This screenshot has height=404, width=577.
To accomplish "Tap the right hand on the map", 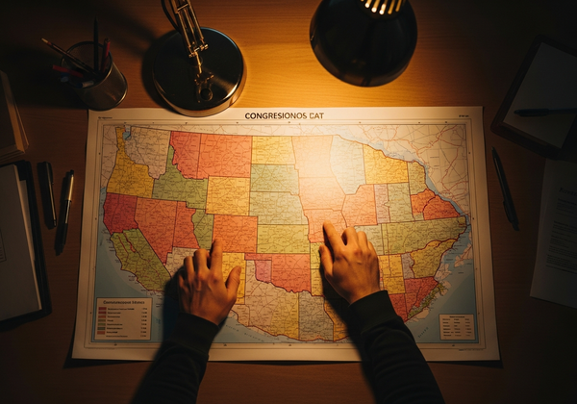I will click(348, 262).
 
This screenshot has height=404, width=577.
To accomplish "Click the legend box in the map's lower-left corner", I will click(123, 318).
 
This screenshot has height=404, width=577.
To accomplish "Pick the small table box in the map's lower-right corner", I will click(457, 326).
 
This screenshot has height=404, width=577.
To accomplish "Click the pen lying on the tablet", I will click(542, 113).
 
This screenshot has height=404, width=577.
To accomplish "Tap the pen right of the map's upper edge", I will click(505, 188).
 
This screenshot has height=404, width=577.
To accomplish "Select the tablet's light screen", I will click(539, 92).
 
